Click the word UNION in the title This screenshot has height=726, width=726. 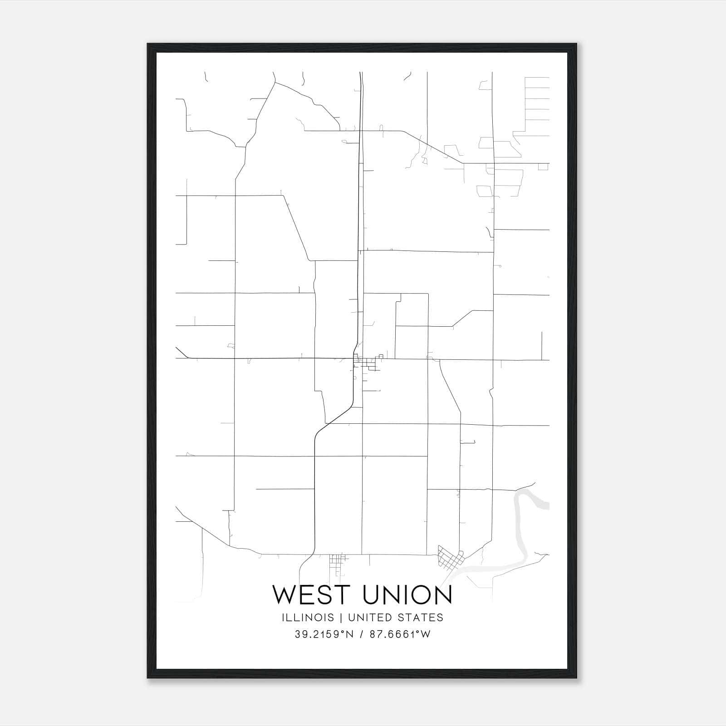point(408,595)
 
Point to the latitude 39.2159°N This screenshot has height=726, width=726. point(324,634)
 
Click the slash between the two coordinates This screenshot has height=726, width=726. point(362,634)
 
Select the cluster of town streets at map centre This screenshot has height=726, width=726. point(367,363)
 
